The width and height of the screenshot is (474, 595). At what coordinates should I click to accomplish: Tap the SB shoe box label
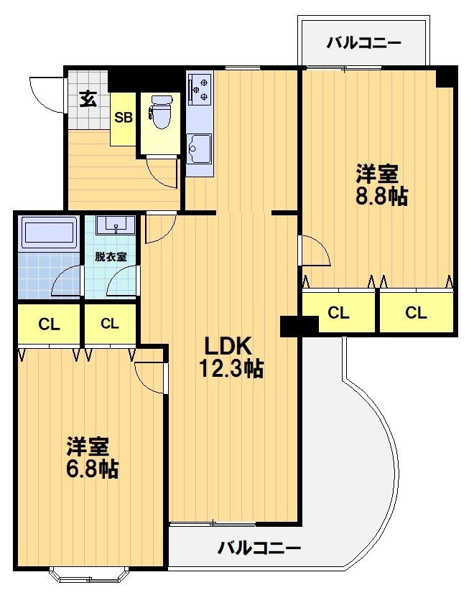tap(124, 118)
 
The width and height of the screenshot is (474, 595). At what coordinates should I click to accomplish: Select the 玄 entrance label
tap(88, 99)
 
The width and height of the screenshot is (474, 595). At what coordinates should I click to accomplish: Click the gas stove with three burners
tap(198, 88)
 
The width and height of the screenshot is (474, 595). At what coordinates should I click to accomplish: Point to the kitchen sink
tap(198, 148)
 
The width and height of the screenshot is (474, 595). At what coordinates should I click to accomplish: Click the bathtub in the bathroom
tap(49, 234)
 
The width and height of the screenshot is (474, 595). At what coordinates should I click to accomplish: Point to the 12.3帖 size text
tap(231, 369)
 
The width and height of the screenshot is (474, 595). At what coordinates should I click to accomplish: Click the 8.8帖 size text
tap(382, 196)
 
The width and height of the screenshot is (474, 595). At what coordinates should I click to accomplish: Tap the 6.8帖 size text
tap(93, 469)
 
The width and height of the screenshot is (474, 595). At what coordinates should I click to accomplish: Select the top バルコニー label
tap(363, 42)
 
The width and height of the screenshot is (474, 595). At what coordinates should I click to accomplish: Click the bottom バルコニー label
tap(259, 549)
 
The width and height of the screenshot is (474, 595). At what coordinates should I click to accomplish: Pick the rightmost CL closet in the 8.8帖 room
tap(416, 313)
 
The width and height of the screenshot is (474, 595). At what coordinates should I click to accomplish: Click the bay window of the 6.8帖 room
tap(89, 574)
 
